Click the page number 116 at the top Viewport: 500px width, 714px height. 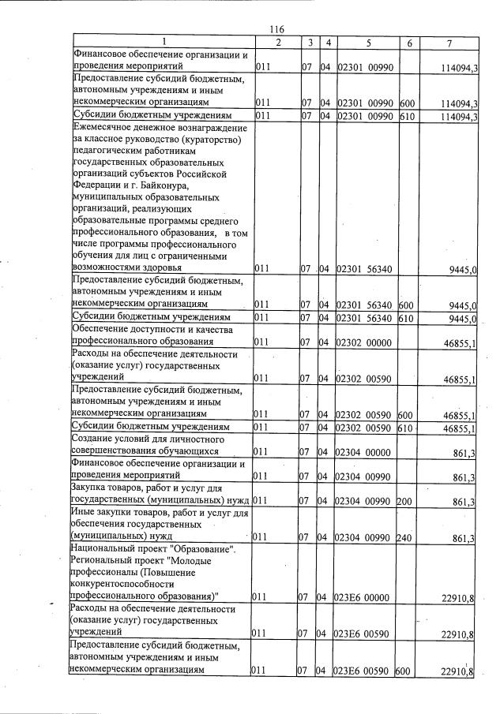276,29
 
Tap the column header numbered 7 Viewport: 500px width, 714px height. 448,41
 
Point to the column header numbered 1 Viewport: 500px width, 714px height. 162,41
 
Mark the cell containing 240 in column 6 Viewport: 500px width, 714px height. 405,538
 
